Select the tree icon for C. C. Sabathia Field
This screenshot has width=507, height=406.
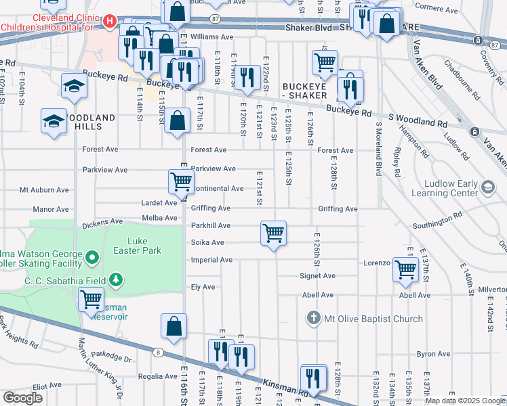pyautogui.click(x=116, y=279)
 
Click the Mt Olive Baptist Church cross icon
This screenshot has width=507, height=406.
pyautogui.click(x=312, y=317)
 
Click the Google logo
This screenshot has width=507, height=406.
pyautogui.click(x=22, y=398)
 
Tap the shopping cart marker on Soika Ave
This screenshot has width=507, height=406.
pyautogui.click(x=273, y=233)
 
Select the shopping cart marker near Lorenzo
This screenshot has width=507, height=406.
pyautogui.click(x=405, y=269)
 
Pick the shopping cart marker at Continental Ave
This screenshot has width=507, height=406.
pyautogui.click(x=180, y=181)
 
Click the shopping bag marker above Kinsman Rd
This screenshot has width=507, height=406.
pyautogui.click(x=174, y=326)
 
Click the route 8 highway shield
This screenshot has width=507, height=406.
pyautogui.click(x=157, y=352)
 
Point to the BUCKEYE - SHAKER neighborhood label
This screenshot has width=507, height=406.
pyautogui.click(x=305, y=91)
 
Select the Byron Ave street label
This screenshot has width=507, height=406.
pyautogui.click(x=434, y=354)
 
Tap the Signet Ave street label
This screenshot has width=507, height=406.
pyautogui.click(x=319, y=276)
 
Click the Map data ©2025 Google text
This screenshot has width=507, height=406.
pyautogui.click(x=465, y=401)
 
